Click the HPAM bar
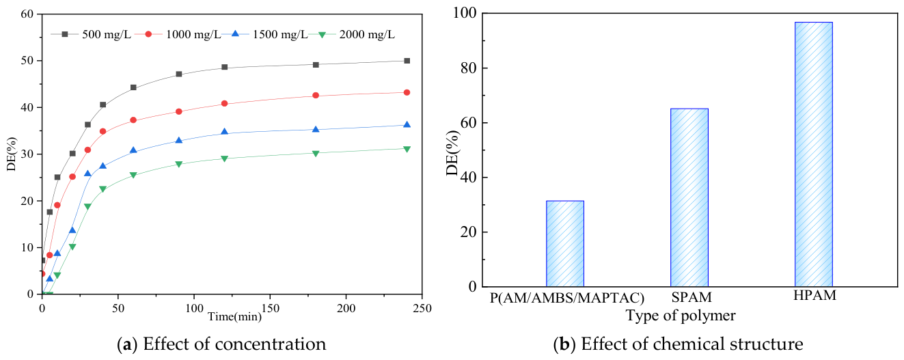click(x=814, y=154)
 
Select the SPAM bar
click(x=689, y=197)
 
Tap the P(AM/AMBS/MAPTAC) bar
click(x=565, y=244)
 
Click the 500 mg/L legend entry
click(x=91, y=34)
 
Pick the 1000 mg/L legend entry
click(x=178, y=34)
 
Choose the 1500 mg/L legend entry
click(x=264, y=34)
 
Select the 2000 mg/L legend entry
click(x=352, y=34)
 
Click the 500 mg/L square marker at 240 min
click(x=407, y=61)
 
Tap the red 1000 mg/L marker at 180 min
click(x=316, y=95)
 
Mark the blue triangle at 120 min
click(x=224, y=132)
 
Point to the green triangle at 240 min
click(x=407, y=149)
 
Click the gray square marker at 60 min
click(x=133, y=87)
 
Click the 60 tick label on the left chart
click(x=27, y=14)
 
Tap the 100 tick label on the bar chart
click(x=465, y=13)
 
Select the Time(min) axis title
click(x=235, y=316)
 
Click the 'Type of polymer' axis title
click(x=681, y=316)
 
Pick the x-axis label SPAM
click(x=691, y=297)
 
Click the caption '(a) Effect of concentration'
click(x=221, y=344)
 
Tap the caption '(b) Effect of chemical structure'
click(x=678, y=344)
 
